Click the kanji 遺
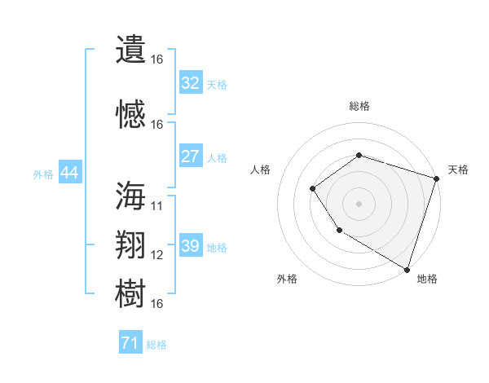point(130,49)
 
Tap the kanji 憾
point(130,115)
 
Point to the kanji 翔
point(130,245)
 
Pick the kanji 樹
point(130,294)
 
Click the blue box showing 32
point(190,83)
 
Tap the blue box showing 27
point(190,156)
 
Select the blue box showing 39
point(190,246)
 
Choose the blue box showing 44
point(69,173)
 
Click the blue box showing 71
point(130,344)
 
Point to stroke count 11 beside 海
point(157,205)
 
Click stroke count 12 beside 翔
point(157,255)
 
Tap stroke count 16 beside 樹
point(157,304)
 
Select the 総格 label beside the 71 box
point(156,345)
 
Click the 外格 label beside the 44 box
point(43,174)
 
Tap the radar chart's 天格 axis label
point(458,169)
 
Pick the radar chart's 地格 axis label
point(427,279)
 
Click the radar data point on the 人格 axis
point(313,189)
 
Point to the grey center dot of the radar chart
point(359,204)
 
